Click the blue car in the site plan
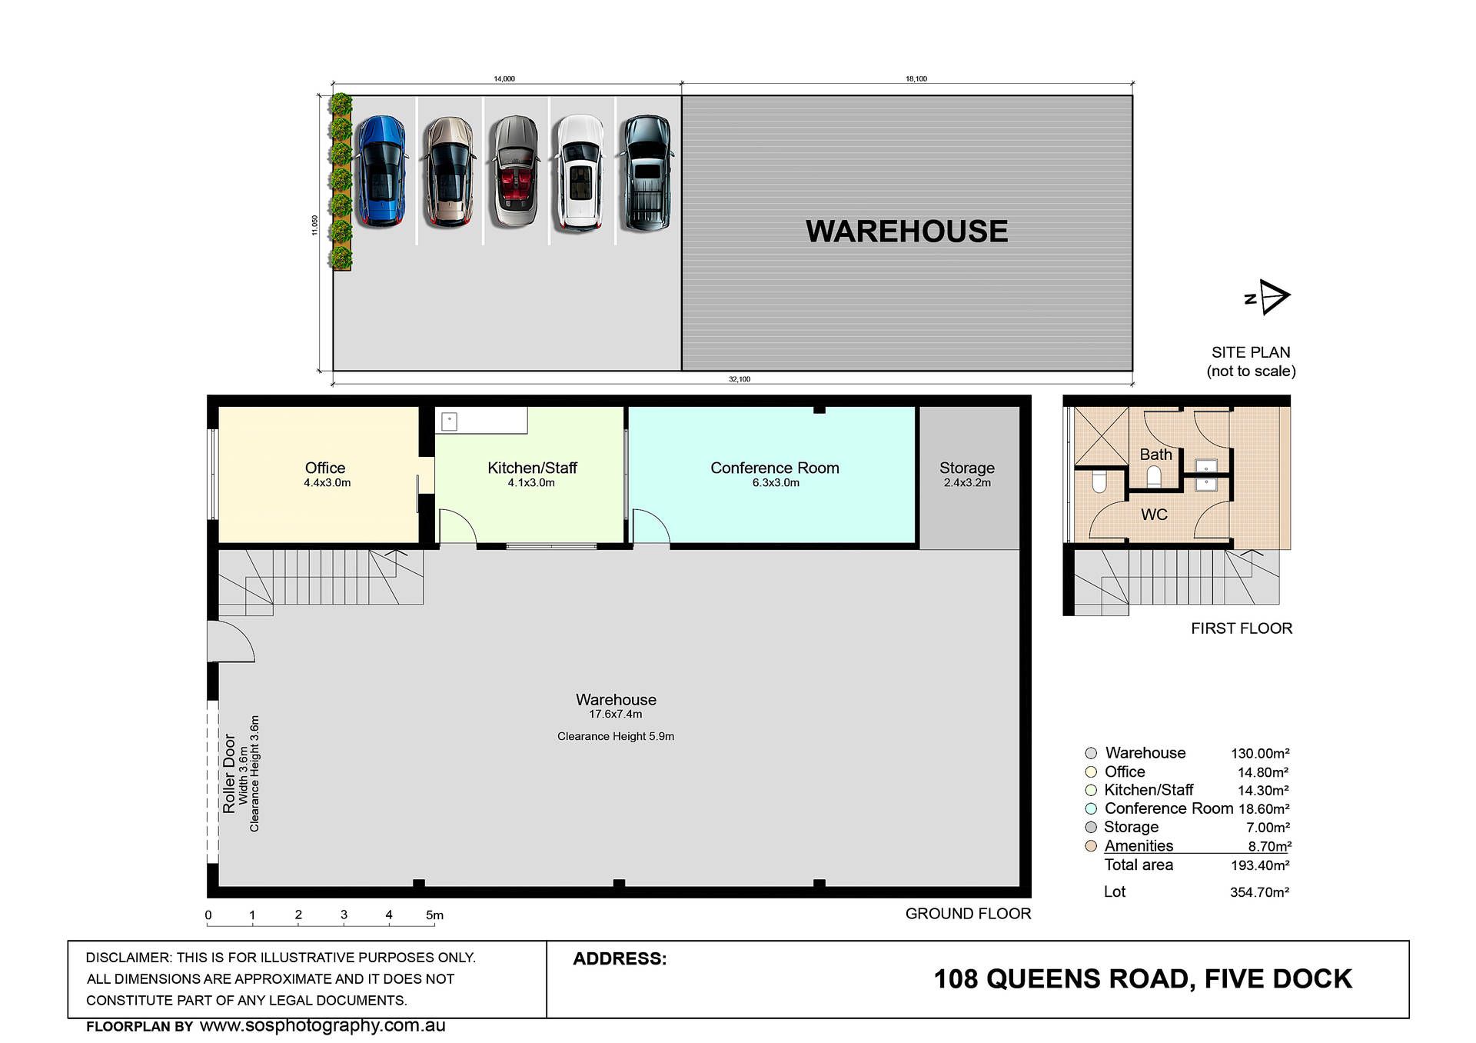click(x=381, y=171)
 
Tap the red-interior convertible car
click(x=514, y=171)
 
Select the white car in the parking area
click(x=580, y=172)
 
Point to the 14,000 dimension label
click(x=504, y=78)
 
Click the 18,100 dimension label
click(x=916, y=78)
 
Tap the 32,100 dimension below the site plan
click(x=740, y=379)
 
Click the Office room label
click(x=325, y=468)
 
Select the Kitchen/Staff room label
click(x=532, y=468)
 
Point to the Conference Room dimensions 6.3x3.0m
click(x=776, y=483)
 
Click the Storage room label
click(x=967, y=468)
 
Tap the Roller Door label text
click(x=229, y=773)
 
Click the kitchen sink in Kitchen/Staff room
click(x=450, y=421)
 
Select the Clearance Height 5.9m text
click(x=616, y=736)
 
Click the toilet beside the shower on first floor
click(x=1099, y=482)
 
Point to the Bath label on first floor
click(x=1155, y=455)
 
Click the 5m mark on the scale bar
click(x=434, y=915)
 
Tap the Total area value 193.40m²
click(x=1260, y=865)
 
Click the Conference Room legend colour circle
click(x=1091, y=808)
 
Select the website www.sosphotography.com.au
click(x=322, y=1025)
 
